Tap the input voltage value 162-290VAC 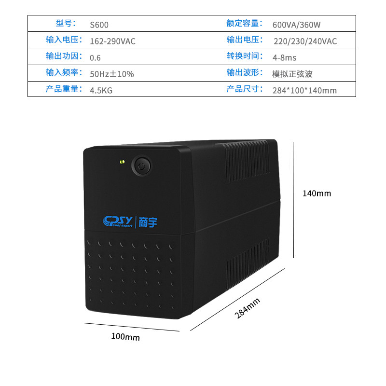pos(112,41)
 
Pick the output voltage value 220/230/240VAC pos(305,41)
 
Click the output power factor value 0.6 pos(95,58)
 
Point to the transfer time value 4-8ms pos(285,58)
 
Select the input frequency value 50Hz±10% pos(111,74)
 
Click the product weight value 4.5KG pos(101,90)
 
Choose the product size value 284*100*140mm pos(304,90)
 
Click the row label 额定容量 pos(245,24)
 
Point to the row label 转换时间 pos(245,56)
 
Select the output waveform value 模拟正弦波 pos(292,74)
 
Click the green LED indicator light pos(122,162)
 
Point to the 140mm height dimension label pos(317,193)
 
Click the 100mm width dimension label pos(125,337)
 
